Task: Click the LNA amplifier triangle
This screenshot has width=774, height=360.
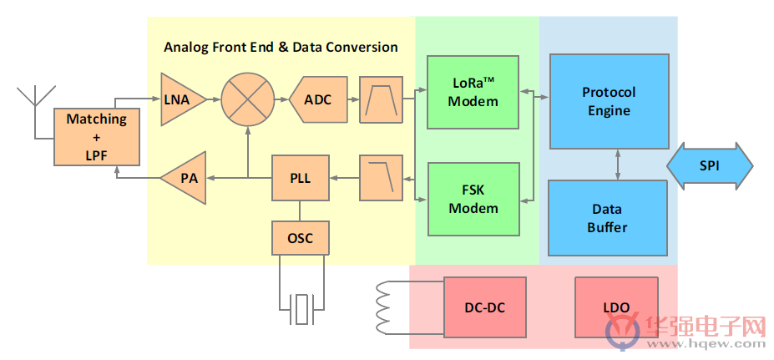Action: coord(180,99)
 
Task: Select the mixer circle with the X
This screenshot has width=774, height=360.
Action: coord(247,99)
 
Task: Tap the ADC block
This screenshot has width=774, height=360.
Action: coord(316,99)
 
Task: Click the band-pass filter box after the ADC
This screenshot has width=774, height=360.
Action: coord(381,99)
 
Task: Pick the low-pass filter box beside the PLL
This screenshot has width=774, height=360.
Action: coord(381,178)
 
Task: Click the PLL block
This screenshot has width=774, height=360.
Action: coord(301,178)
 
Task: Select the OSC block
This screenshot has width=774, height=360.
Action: coord(301,238)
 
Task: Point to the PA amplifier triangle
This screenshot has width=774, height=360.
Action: coord(183,178)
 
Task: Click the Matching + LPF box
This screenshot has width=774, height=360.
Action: coord(97,137)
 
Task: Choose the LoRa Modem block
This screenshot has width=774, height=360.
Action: coord(473,93)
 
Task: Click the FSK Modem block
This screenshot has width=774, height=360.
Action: coord(473,199)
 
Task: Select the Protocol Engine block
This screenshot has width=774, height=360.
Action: coord(610,101)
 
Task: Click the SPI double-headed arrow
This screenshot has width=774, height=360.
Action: coord(710,166)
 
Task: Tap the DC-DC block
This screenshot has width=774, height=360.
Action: coord(485,307)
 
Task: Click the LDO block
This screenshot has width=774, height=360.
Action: coord(616,307)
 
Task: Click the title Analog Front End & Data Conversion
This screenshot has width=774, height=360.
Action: coord(281,48)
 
